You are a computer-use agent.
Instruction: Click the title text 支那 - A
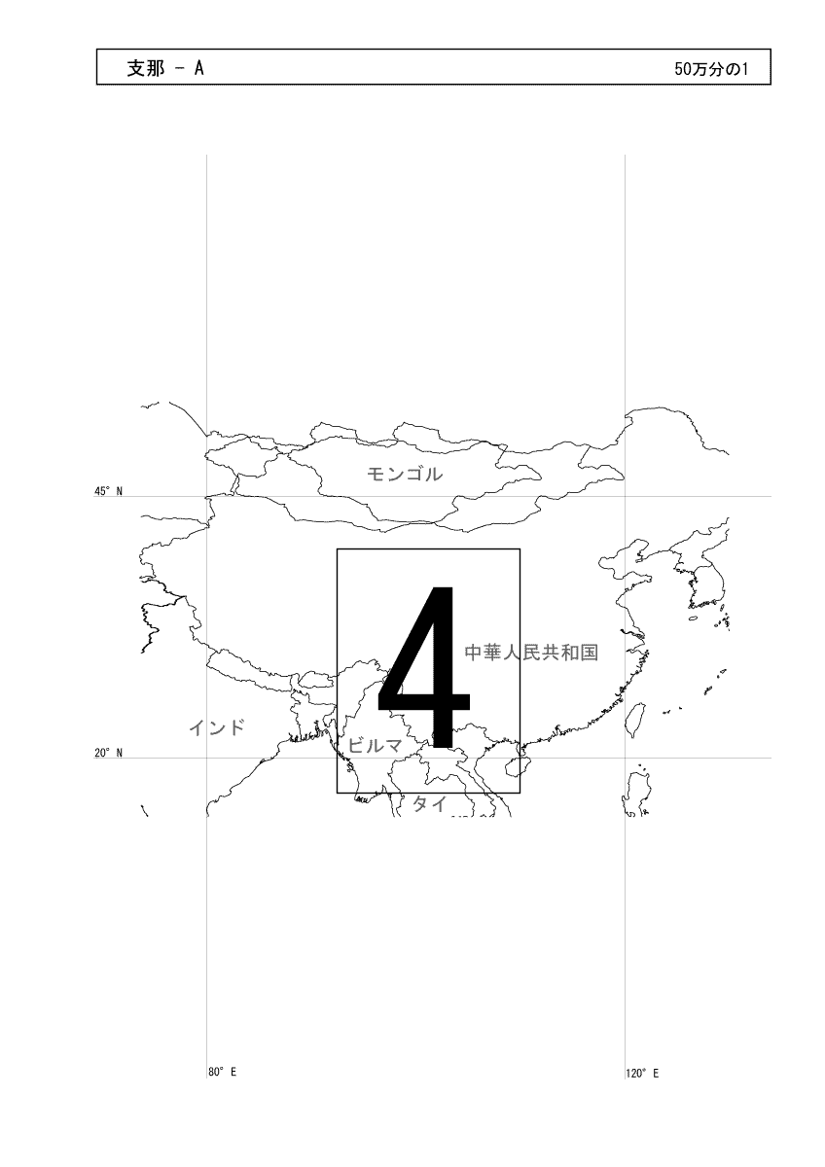click(x=165, y=68)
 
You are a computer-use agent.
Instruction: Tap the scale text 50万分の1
click(x=711, y=69)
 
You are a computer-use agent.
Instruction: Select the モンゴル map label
click(x=405, y=474)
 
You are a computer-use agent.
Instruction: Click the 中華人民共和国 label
click(x=531, y=653)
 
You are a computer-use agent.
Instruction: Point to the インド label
click(x=217, y=727)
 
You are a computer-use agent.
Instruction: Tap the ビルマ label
click(x=375, y=746)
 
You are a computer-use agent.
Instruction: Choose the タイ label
click(x=430, y=804)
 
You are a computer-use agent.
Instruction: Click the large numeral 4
click(x=424, y=667)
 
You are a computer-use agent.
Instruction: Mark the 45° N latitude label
click(x=108, y=491)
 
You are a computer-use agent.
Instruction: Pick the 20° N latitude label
click(x=108, y=753)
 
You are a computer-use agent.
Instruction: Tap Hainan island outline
click(x=515, y=767)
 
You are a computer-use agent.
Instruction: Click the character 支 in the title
click(x=136, y=68)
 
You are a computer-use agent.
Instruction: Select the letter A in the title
click(x=199, y=68)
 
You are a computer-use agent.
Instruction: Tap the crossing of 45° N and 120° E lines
click(x=625, y=496)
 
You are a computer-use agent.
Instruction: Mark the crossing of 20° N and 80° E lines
click(x=207, y=758)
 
